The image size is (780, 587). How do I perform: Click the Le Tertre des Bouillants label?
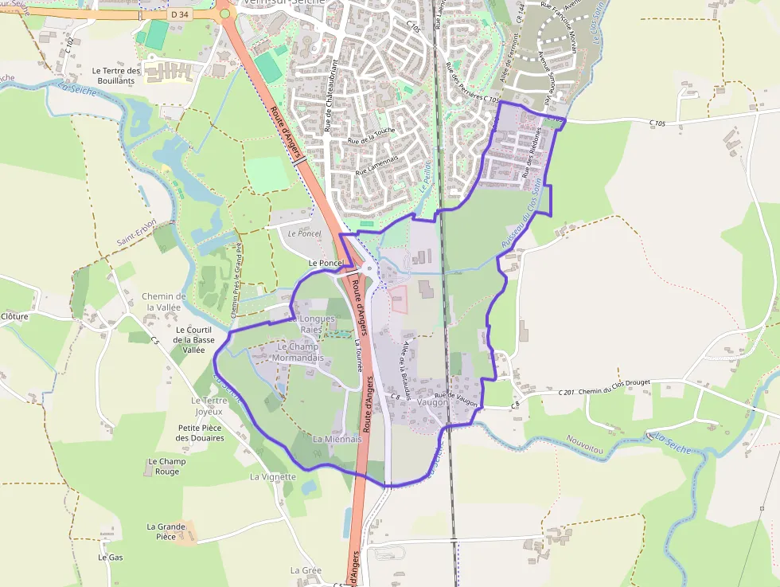pos(116,76)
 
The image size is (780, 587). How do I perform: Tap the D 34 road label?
pos(181,14)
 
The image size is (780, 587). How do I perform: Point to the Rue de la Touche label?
pos(371,135)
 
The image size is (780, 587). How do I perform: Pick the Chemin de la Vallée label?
pos(164,302)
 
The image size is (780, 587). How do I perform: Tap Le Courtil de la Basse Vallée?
pos(193,339)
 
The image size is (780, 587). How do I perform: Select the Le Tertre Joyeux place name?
pos(209,406)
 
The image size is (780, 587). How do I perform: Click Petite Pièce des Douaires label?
pos(200,432)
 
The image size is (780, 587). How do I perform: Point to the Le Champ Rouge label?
pos(167,466)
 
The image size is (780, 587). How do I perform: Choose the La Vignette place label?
pos(272,477)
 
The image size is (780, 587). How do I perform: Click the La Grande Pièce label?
pos(166,531)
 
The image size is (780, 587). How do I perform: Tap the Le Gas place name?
pos(111,558)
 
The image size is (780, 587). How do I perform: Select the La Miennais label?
pos(337,439)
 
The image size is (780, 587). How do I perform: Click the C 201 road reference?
pos(566,392)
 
